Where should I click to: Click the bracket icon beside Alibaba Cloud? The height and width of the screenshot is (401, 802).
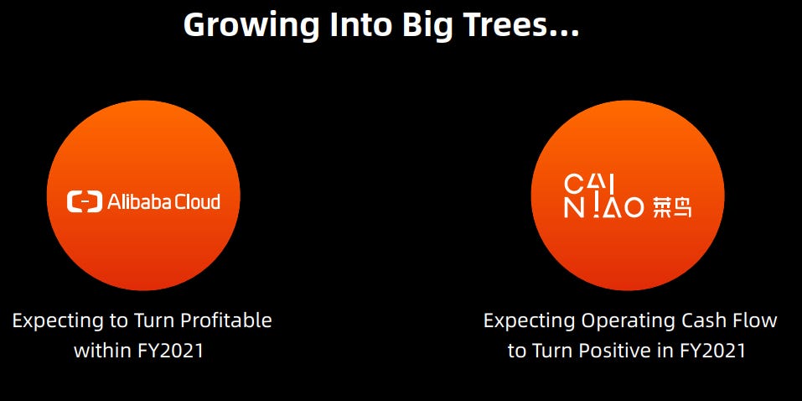(85, 202)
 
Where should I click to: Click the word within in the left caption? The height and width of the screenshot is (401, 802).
(103, 351)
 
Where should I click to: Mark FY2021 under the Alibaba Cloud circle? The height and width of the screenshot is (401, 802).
(170, 352)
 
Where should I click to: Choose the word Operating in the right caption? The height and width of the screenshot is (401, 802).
(628, 321)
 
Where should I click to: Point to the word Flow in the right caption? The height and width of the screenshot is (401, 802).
(757, 321)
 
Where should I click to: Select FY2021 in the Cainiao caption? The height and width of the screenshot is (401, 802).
(712, 352)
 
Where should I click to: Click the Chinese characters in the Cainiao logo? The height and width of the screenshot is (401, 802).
(672, 208)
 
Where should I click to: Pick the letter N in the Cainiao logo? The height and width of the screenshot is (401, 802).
(572, 208)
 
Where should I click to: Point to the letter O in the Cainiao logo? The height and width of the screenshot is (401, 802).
(634, 208)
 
